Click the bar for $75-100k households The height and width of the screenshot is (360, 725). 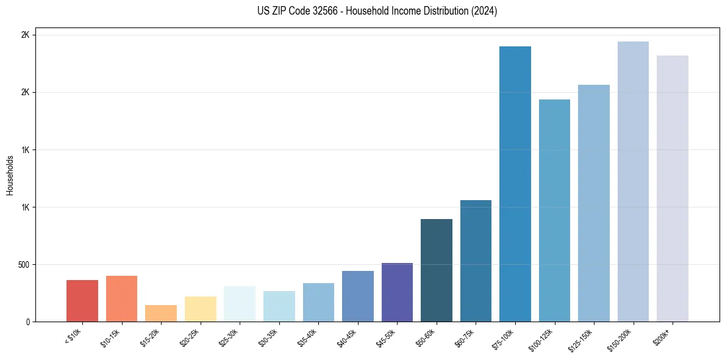(x=515, y=184)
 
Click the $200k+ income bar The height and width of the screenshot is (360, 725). (x=673, y=189)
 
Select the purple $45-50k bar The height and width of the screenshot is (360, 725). (x=397, y=292)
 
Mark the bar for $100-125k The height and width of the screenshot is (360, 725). (x=554, y=211)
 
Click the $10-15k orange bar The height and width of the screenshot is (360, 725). (x=121, y=299)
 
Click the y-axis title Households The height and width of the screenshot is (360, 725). (x=10, y=175)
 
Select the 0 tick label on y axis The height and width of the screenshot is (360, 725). (x=28, y=322)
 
